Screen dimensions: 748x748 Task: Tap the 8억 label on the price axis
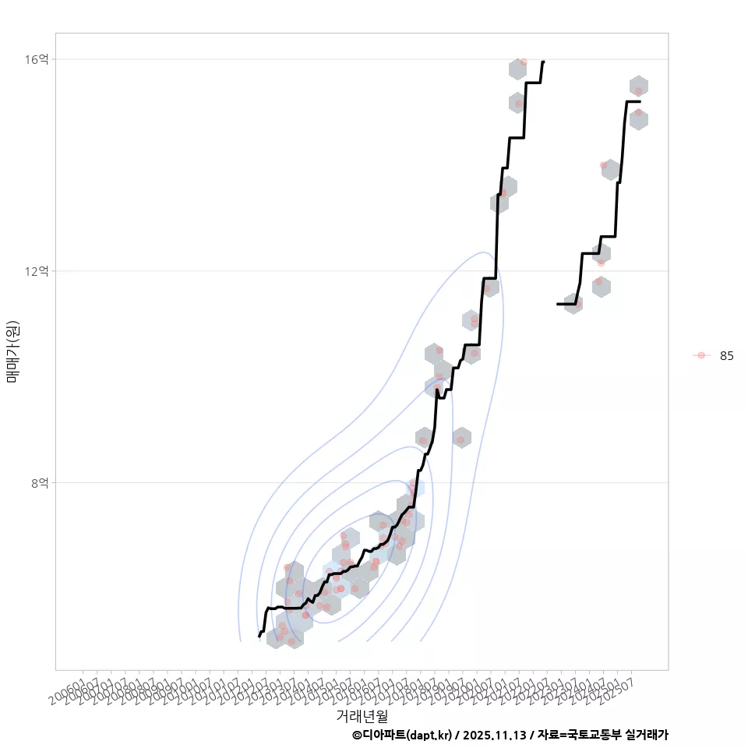tap(41, 483)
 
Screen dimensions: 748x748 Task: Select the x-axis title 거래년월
tap(362, 715)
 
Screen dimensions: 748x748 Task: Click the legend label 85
tap(726, 356)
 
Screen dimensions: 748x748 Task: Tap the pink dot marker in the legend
tap(701, 356)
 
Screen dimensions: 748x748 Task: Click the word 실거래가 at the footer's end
tap(647, 735)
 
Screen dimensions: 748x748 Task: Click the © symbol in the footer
tap(356, 735)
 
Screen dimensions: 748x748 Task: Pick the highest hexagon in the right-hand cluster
tap(639, 86)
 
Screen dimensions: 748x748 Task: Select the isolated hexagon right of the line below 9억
tap(461, 438)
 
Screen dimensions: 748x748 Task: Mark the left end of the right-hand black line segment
tap(558, 304)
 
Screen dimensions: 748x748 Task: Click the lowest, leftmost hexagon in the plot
tap(275, 638)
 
